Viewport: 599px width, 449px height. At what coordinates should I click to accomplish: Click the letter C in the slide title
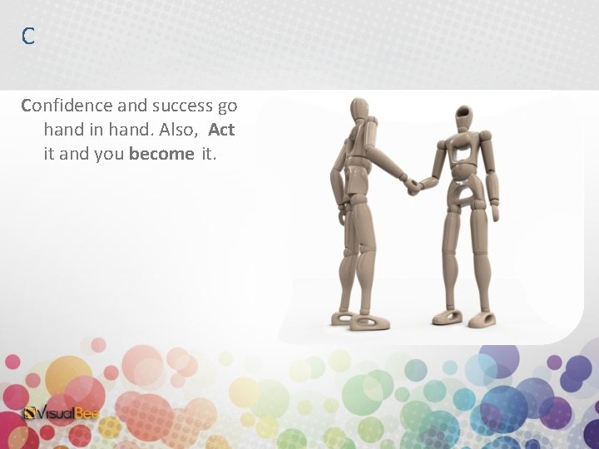(x=28, y=36)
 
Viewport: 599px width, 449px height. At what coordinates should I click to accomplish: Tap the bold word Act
(x=221, y=130)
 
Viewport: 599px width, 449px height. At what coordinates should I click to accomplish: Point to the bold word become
(x=161, y=154)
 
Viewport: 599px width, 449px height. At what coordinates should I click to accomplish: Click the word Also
(x=180, y=130)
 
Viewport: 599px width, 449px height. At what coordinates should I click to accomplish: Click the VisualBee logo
(x=60, y=412)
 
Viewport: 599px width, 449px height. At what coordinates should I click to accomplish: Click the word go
(x=227, y=106)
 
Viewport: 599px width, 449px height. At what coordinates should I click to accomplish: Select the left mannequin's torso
(x=359, y=162)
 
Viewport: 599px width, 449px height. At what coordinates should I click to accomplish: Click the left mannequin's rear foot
(x=343, y=317)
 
